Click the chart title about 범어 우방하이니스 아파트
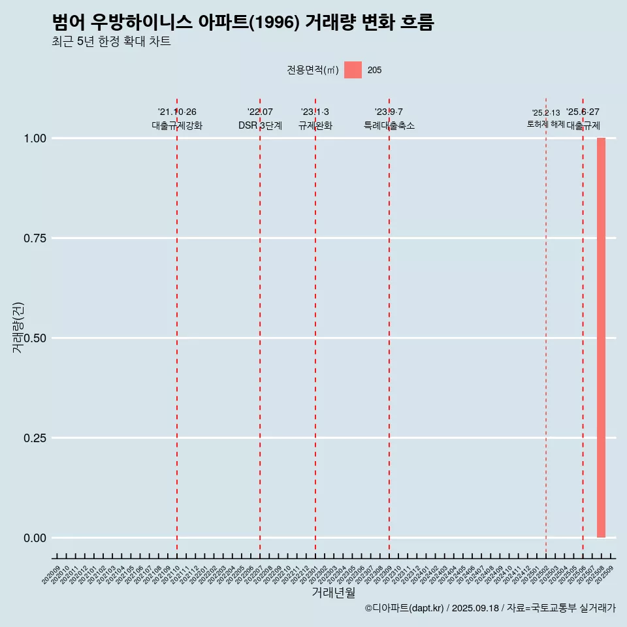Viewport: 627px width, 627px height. (x=243, y=23)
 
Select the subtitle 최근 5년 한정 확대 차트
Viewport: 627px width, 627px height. (x=111, y=42)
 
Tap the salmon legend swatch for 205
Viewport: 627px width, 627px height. (x=353, y=70)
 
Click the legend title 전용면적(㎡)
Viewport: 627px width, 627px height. (x=313, y=70)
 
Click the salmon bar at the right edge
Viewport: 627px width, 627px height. (x=601, y=338)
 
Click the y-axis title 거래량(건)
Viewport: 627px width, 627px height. (x=18, y=327)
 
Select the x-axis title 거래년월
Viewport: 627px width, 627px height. (x=333, y=593)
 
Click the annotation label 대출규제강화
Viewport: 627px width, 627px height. (x=177, y=125)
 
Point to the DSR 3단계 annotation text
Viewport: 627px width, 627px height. (x=260, y=125)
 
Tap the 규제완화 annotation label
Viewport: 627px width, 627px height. (x=315, y=125)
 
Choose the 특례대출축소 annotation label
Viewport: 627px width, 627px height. (x=389, y=125)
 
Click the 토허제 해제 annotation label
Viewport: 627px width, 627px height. (x=546, y=124)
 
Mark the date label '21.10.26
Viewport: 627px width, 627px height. (x=177, y=112)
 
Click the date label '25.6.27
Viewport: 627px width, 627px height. (x=583, y=112)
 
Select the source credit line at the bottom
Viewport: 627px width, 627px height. (x=490, y=608)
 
